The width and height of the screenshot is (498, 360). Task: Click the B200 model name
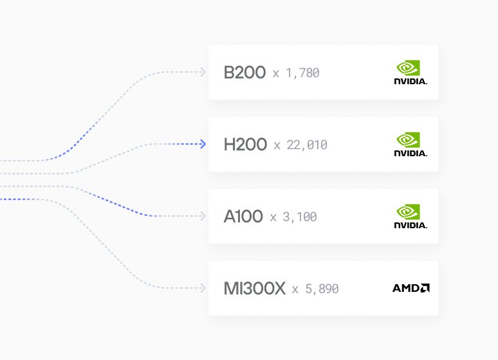[244, 73]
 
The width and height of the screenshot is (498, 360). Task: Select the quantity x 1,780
[296, 73]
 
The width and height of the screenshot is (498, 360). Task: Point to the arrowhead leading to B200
[203, 72]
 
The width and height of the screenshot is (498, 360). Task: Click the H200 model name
[245, 145]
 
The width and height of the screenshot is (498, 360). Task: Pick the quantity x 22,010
[300, 145]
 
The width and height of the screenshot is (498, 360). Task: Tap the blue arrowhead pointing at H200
[203, 144]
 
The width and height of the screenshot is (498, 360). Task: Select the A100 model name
[243, 217]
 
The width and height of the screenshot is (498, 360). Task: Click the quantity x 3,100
[293, 217]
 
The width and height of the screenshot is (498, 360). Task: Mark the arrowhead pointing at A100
[203, 216]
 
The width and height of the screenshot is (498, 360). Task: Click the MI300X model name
[254, 289]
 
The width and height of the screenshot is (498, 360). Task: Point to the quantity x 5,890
[315, 289]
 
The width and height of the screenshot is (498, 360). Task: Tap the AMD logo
[411, 288]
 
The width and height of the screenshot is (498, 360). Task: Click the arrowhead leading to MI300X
[203, 288]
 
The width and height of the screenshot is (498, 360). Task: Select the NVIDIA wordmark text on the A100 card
[410, 226]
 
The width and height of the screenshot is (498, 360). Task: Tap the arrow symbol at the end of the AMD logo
[425, 288]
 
